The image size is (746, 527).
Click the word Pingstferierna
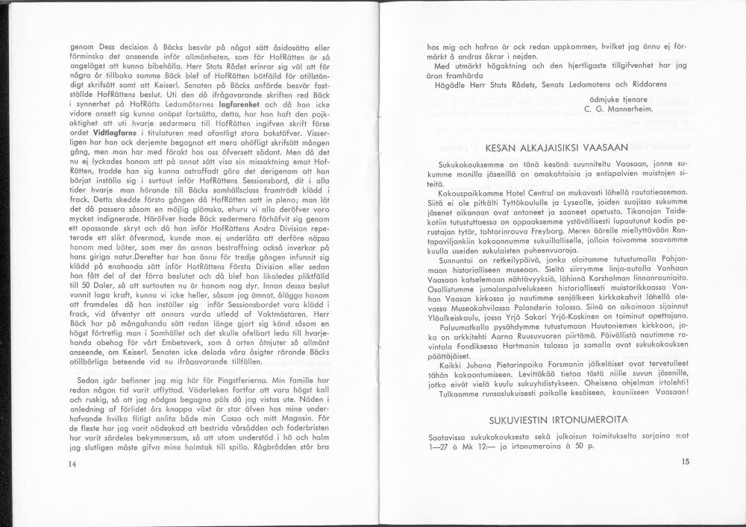pos(239,338)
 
